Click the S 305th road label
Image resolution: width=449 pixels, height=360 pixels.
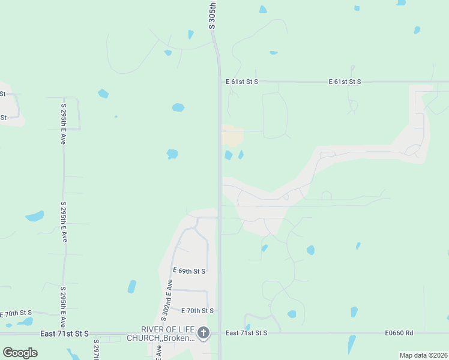[212, 14]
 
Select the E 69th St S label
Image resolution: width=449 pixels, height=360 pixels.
[189, 271]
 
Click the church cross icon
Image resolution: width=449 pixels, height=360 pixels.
[204, 333]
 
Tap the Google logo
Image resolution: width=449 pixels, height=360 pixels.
[20, 352]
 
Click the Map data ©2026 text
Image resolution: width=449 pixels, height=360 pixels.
[423, 355]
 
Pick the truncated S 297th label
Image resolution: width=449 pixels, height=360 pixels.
[96, 349]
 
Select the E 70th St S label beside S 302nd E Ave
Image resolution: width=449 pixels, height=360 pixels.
[197, 310]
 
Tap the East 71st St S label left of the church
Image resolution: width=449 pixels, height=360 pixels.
[64, 333]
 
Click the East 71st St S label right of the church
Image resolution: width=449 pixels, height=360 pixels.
[246, 332]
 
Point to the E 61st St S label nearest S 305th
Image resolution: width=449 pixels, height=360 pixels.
[242, 81]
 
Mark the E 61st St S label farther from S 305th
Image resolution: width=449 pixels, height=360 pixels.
[345, 81]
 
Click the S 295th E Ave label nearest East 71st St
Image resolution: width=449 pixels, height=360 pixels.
[62, 306]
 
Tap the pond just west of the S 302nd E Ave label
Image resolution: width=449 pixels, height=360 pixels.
[131, 287]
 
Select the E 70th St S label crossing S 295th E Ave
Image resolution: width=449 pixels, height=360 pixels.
[16, 313]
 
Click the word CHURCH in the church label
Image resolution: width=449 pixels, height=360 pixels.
[142, 338]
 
